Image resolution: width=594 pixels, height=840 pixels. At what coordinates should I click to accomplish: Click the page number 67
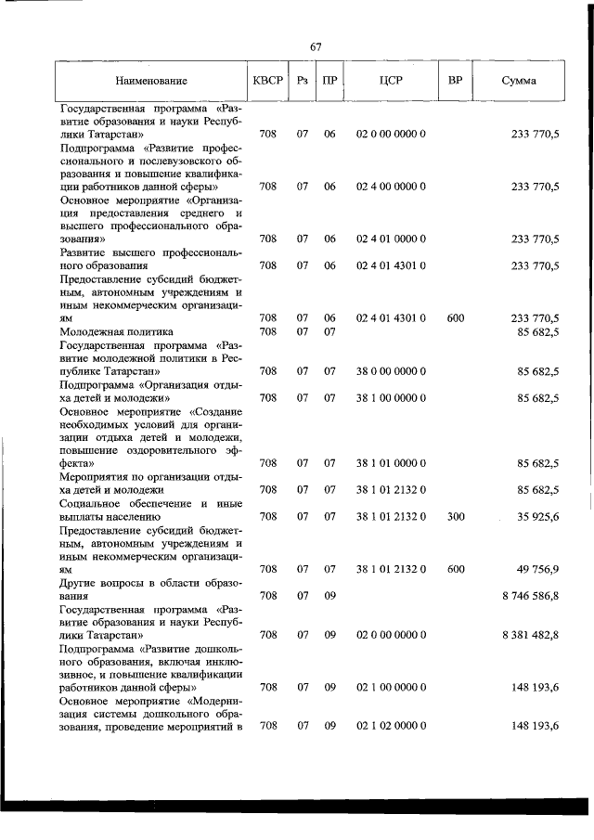316,46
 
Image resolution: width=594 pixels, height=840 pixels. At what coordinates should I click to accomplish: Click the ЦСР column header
390,81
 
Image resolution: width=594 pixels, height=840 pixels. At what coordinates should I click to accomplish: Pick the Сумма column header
518,81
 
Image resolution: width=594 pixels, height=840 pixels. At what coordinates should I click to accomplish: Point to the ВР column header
455,81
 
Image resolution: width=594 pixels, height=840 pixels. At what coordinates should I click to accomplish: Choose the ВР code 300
455,516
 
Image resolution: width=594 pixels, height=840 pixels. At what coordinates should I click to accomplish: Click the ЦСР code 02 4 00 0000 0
391,187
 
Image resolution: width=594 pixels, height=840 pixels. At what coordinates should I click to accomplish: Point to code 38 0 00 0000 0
391,371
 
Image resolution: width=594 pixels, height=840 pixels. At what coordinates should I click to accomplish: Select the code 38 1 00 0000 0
391,398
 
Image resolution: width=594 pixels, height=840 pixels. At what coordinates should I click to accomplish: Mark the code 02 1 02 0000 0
391,726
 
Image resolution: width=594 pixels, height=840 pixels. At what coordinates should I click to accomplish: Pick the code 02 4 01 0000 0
391,239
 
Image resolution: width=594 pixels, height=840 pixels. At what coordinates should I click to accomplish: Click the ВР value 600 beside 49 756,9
455,569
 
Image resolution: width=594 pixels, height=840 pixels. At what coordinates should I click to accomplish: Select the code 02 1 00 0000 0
391,688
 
